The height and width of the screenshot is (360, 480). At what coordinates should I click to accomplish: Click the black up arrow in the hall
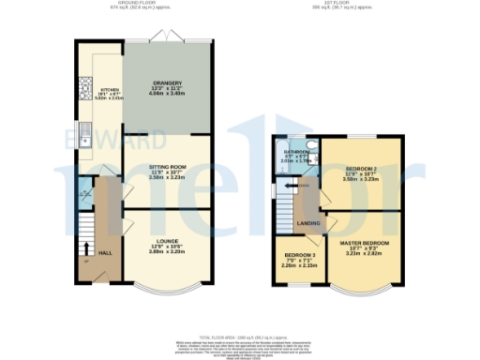(86, 249)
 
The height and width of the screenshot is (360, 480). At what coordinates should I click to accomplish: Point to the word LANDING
(307, 222)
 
